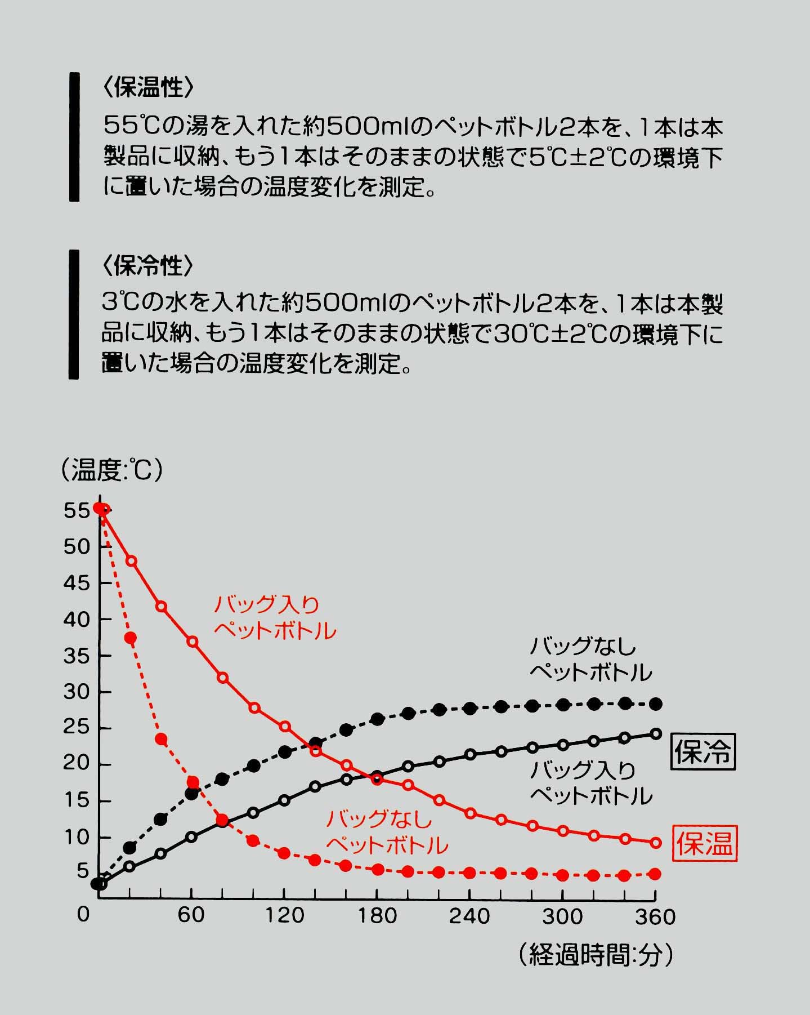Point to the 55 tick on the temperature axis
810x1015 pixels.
(x=77, y=511)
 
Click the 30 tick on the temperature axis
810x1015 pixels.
(x=77, y=692)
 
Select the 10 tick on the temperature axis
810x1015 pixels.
(x=77, y=837)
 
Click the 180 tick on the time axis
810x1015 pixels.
(x=377, y=916)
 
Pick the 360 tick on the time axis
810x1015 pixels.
(x=655, y=916)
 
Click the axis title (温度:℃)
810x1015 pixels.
(x=112, y=470)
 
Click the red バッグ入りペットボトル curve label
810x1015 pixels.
(x=275, y=618)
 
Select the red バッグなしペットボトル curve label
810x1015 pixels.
(x=387, y=832)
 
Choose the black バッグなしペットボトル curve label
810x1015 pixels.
(x=590, y=659)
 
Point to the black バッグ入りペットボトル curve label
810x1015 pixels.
(x=590, y=783)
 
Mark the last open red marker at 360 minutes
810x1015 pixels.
(x=655, y=843)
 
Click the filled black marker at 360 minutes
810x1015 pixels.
(x=656, y=704)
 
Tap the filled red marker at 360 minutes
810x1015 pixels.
(x=655, y=874)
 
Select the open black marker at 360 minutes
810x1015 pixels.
(x=655, y=733)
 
